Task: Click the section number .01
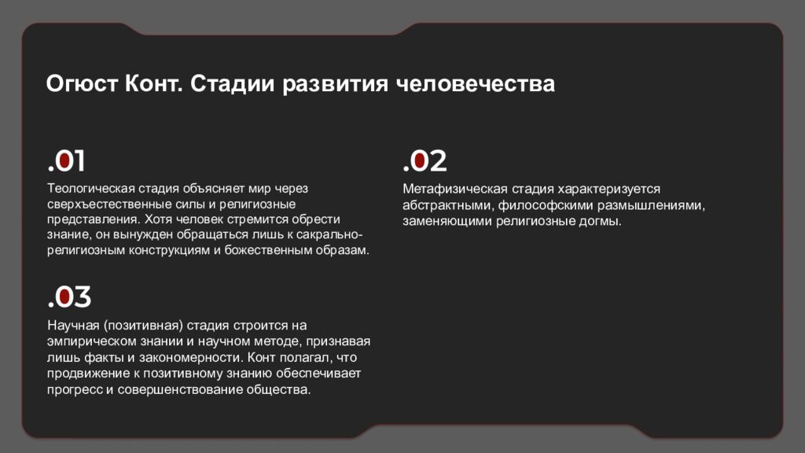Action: [66, 161]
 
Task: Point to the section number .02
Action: [425, 161]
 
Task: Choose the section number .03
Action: [69, 297]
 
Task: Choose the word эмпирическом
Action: [90, 341]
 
